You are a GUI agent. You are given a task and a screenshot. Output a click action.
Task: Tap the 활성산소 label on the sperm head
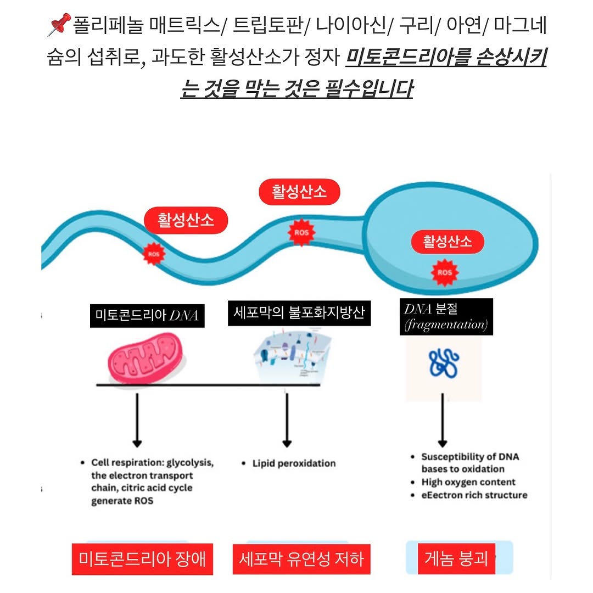(x=447, y=241)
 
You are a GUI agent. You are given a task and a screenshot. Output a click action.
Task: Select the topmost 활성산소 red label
(x=300, y=192)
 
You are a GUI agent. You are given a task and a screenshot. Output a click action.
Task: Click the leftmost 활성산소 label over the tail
(x=186, y=221)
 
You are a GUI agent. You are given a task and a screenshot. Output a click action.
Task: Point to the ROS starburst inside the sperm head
(x=445, y=272)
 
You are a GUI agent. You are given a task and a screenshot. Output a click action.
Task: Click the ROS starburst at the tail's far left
(x=153, y=254)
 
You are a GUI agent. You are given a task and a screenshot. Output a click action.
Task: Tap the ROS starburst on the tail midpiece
(x=301, y=233)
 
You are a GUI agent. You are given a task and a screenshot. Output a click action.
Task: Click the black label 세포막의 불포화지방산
(x=299, y=313)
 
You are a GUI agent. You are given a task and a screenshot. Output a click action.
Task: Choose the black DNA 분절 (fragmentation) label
(x=446, y=317)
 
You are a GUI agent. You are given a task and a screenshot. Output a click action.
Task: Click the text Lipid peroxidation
(x=294, y=463)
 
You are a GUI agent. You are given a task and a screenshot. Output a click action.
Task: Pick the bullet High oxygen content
(x=468, y=482)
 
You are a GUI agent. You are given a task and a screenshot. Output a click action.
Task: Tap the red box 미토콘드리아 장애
(x=142, y=559)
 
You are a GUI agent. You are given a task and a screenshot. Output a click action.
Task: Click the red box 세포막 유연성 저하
(x=301, y=559)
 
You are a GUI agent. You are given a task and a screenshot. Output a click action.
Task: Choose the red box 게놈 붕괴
(x=456, y=558)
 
